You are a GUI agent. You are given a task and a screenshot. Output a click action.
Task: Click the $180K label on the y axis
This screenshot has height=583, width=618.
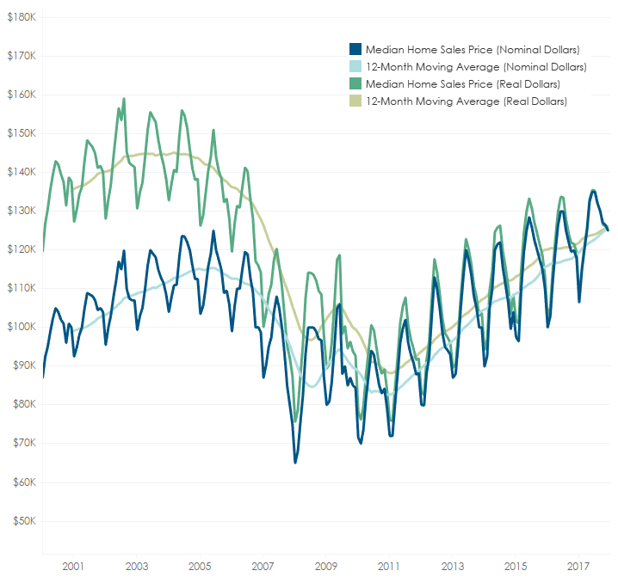21,17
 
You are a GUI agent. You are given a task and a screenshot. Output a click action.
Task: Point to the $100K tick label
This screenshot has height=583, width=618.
21,327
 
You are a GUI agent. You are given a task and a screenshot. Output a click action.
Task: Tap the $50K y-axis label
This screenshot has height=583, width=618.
23,520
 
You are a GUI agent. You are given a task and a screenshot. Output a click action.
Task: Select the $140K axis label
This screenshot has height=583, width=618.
21,172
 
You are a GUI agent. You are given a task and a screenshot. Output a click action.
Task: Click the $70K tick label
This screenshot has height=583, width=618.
23,443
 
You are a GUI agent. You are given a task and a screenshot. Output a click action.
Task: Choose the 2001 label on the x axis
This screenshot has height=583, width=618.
72,567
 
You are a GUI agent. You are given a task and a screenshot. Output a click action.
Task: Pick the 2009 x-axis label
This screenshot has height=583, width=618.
325,567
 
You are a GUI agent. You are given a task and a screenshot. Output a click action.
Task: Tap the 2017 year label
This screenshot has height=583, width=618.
578,567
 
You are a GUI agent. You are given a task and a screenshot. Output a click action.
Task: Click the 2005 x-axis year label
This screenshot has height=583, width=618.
199,567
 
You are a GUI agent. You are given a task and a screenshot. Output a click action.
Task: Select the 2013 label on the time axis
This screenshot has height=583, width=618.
452,567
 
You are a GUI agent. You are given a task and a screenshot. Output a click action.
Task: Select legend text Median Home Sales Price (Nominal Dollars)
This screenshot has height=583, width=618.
473,49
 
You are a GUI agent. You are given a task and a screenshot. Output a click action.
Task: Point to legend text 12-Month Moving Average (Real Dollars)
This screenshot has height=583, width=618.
467,101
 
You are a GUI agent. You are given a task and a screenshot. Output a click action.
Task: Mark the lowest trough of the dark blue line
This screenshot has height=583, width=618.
295,463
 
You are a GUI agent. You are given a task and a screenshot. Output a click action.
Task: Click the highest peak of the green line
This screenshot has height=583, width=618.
124,99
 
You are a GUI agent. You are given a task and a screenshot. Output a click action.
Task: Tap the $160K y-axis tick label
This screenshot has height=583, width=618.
21,95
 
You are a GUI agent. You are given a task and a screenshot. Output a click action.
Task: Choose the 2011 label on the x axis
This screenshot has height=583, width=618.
388,567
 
